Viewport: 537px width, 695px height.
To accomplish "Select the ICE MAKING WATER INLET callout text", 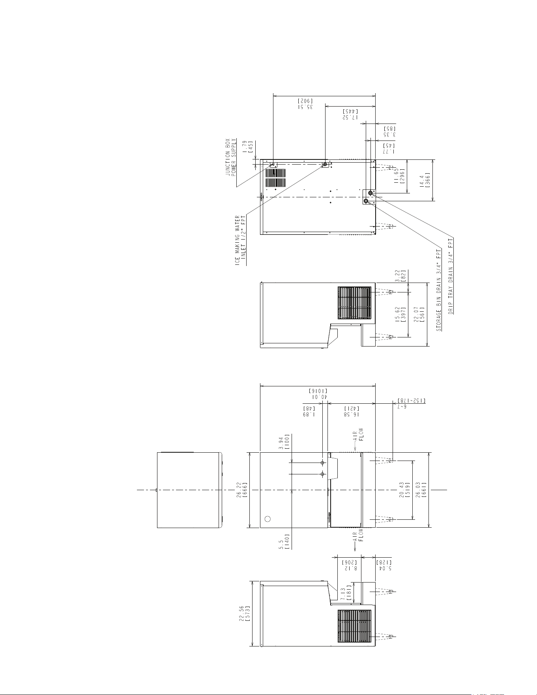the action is [x=241, y=240].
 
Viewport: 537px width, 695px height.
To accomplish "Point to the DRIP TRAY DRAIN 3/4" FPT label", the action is [x=451, y=275].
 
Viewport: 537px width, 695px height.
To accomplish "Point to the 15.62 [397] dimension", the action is [x=400, y=315].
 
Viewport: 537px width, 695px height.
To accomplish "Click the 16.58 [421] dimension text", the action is [x=352, y=411].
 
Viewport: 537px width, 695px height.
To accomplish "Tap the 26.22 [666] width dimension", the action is [x=242, y=490].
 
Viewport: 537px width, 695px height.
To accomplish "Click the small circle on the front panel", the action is [x=268, y=519].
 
